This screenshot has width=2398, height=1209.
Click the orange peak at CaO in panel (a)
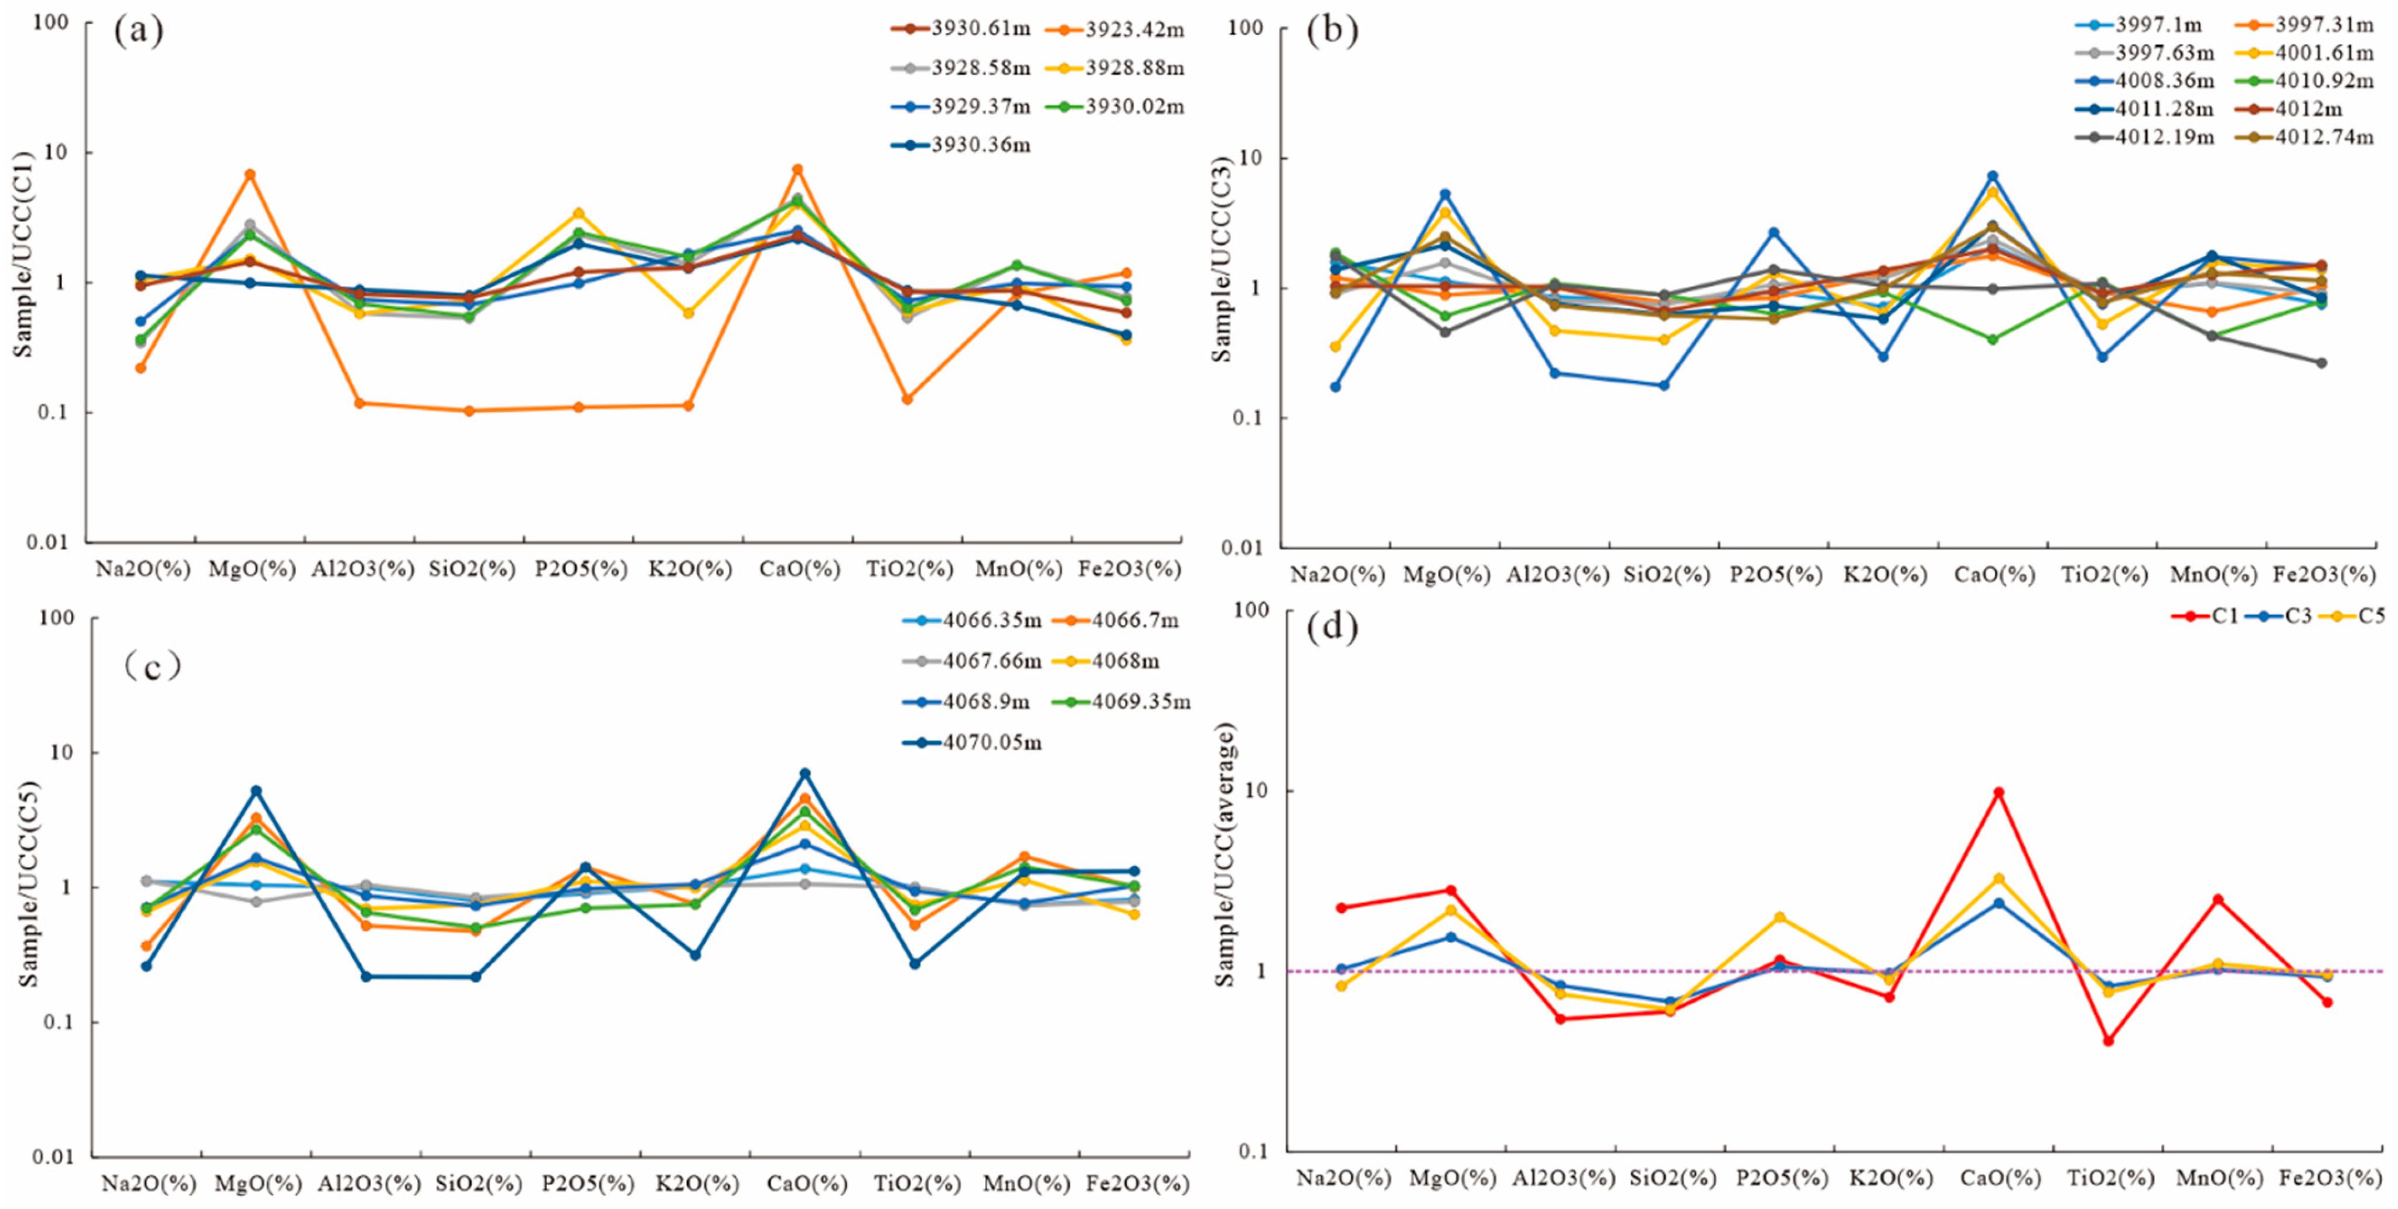(x=798, y=169)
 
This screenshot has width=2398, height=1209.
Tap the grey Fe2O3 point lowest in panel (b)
(x=2322, y=363)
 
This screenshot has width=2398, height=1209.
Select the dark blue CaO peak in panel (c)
(x=805, y=773)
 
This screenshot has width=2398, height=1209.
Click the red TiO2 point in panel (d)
(x=2107, y=1040)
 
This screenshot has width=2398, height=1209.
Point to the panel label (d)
(x=1332, y=629)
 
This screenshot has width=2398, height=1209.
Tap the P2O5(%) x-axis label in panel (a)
(x=581, y=569)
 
